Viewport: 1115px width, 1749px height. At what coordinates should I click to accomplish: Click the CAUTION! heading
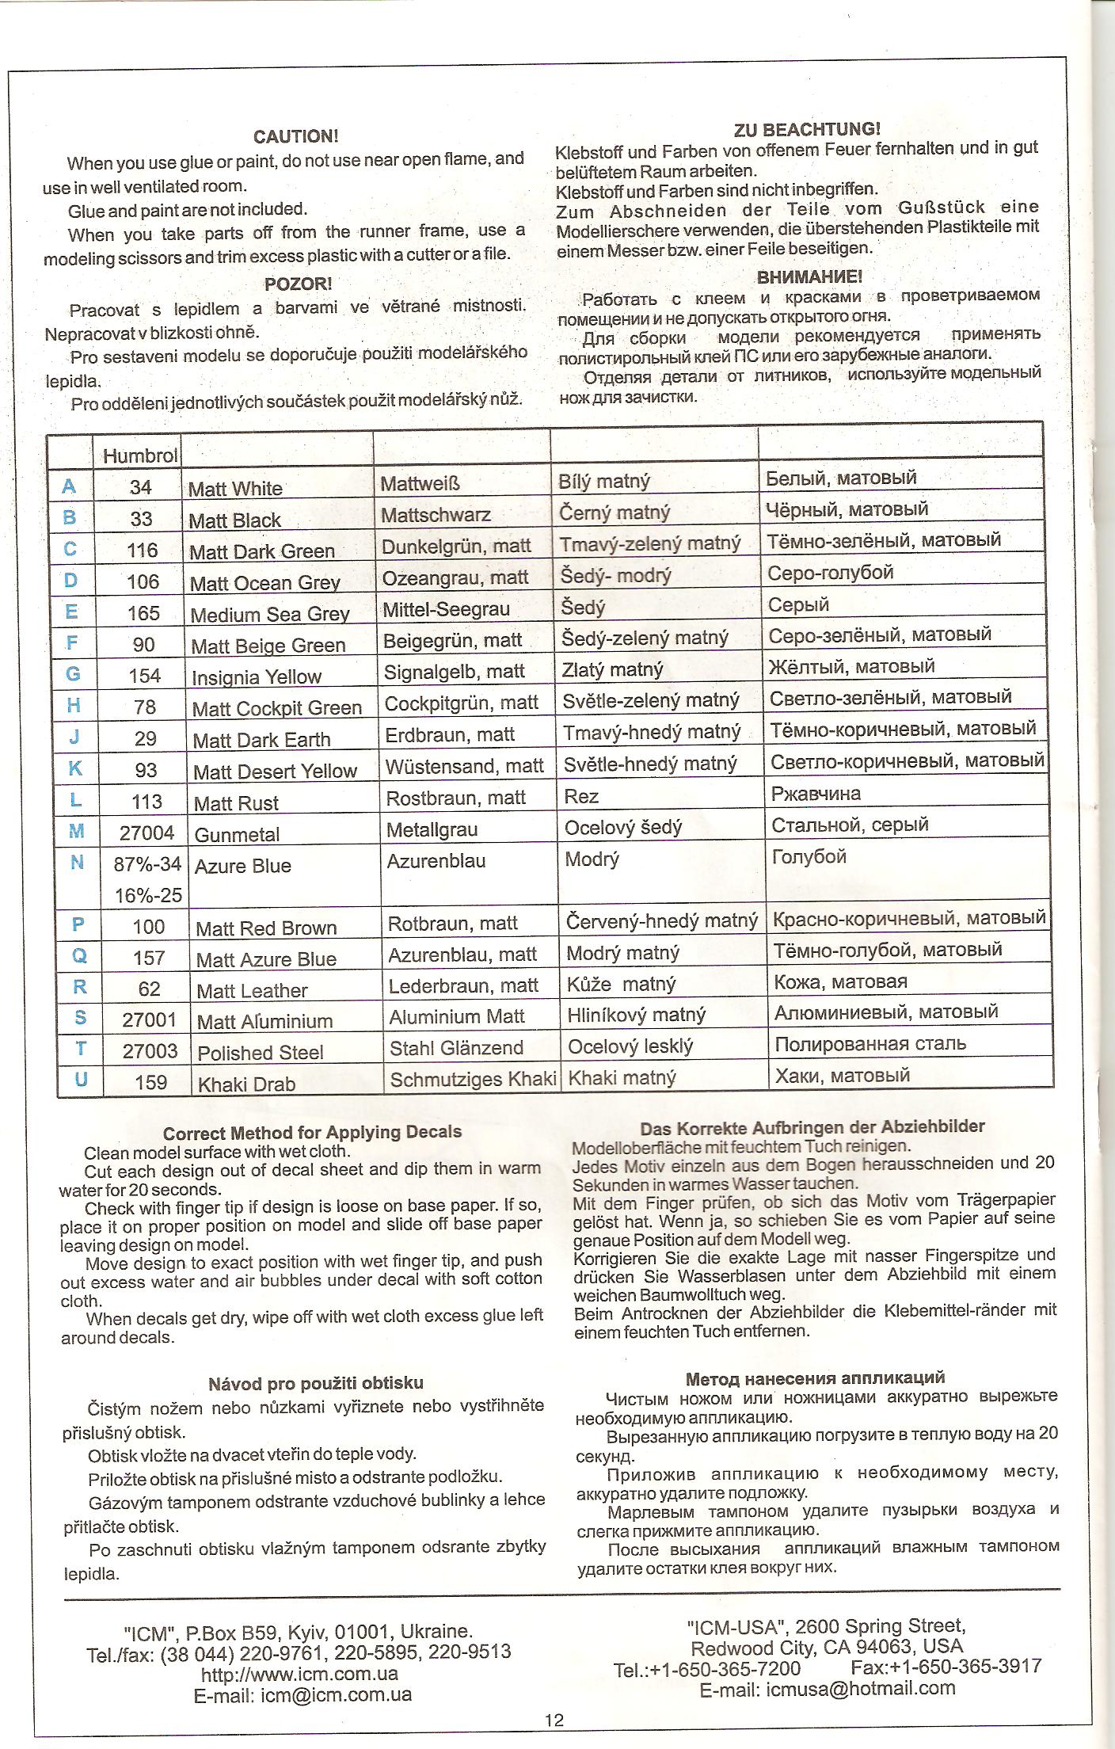295,137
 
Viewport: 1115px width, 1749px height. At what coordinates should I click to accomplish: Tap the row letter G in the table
73,674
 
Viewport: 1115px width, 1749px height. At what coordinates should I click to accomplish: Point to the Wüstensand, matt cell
464,766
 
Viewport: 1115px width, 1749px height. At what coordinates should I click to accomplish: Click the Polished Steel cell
261,1053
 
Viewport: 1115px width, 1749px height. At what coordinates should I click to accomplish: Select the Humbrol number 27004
147,833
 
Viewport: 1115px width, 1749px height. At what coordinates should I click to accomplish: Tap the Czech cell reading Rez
581,796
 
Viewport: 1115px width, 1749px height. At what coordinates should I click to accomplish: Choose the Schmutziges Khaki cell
473,1079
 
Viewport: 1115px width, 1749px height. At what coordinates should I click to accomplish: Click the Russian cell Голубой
809,856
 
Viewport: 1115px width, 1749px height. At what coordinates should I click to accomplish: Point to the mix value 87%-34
148,864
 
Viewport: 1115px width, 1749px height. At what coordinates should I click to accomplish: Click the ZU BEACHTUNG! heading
806,128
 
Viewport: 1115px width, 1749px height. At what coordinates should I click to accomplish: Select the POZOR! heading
298,284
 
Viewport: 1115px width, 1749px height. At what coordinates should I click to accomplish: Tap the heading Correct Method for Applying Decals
312,1132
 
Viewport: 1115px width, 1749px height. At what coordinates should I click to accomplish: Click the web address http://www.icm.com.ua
299,1674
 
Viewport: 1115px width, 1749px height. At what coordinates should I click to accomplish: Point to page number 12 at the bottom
554,1720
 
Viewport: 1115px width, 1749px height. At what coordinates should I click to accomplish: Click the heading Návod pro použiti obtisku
315,1383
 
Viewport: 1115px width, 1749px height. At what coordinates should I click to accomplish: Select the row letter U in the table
81,1080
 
